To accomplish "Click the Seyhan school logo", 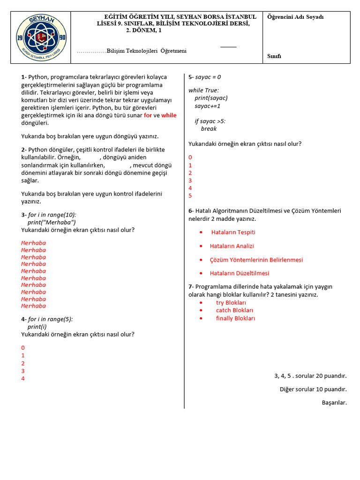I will [41, 37].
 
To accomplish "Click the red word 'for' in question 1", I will [148, 115].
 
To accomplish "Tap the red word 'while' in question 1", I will [169, 115].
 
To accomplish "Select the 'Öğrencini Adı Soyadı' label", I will [295, 17].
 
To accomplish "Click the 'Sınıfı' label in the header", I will [274, 56].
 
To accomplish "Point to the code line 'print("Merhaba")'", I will [52, 222].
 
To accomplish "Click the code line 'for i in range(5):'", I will [50, 319].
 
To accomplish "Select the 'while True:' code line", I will [203, 90].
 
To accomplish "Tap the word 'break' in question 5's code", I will [209, 129].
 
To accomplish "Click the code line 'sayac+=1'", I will [208, 106].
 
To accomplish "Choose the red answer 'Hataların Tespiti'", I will [233, 232].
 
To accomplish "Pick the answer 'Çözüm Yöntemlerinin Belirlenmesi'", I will [256, 260].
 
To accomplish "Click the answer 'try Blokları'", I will [231, 303].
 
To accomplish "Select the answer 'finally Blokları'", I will [235, 318].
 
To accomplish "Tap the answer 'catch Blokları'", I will [234, 310].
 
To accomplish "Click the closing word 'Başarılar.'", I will [334, 402].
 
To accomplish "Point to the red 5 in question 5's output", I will [190, 195].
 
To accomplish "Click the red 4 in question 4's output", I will [22, 378].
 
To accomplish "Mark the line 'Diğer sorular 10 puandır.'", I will [313, 389].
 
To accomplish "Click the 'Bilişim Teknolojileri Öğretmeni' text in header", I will [146, 51].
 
